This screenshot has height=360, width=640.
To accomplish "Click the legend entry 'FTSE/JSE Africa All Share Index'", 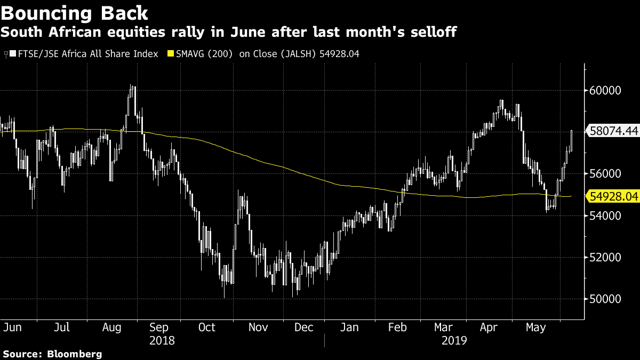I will [x=87, y=54].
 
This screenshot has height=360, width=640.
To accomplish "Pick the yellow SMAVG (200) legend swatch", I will [x=171, y=54].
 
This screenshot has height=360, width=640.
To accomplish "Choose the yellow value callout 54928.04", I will [x=614, y=197].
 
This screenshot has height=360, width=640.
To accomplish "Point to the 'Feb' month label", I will [x=397, y=327].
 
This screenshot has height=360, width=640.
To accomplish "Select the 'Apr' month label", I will [x=489, y=327].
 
